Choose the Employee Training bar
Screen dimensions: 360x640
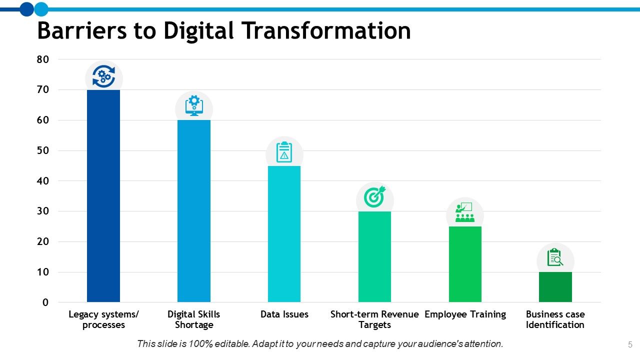tap(465, 264)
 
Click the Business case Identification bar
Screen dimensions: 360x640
tap(555, 287)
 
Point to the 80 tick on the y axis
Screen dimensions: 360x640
tap(43, 59)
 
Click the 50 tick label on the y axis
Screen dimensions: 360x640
tap(43, 150)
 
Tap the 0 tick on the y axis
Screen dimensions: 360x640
tap(45, 302)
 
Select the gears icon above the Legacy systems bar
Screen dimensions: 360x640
tap(103, 77)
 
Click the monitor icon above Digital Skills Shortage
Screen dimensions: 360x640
tap(194, 106)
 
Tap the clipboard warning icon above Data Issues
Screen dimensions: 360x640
tap(284, 152)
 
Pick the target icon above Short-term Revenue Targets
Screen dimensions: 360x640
tap(374, 197)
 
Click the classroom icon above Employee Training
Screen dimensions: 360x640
tap(465, 212)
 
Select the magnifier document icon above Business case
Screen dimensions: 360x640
tap(555, 257)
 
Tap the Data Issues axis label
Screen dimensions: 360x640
tap(284, 314)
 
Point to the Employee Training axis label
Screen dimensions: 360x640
tap(465, 314)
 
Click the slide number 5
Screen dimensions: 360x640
tap(630, 344)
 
